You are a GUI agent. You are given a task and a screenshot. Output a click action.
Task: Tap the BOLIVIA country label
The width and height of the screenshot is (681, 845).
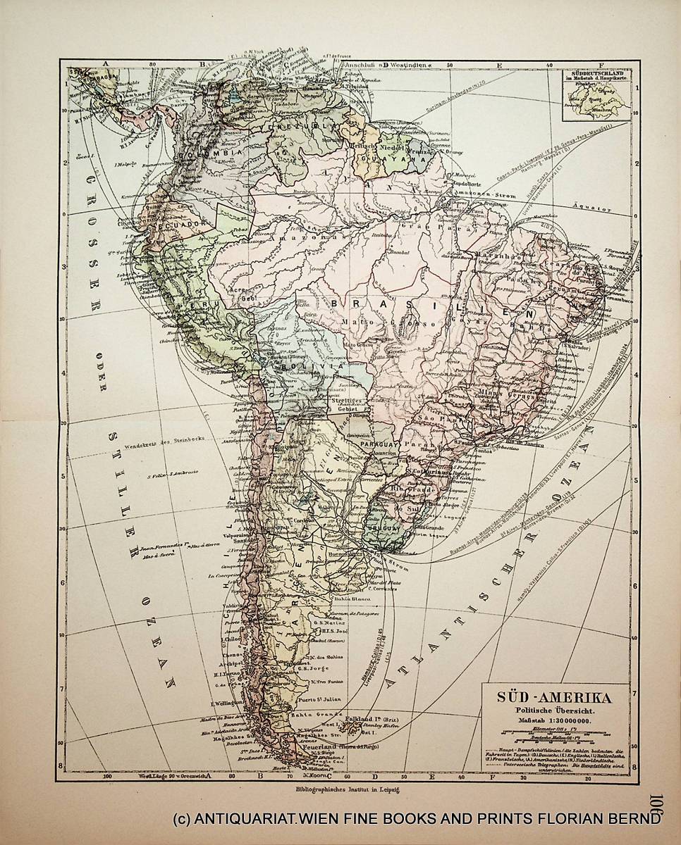tap(303, 366)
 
